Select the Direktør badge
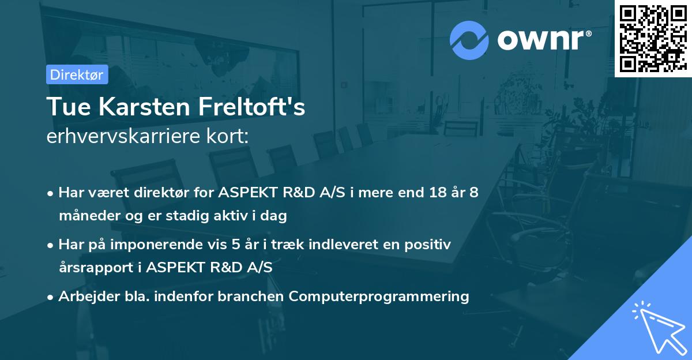point(77,74)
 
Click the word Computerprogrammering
point(379,297)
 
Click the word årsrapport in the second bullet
point(93,268)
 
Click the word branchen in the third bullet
point(253,297)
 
